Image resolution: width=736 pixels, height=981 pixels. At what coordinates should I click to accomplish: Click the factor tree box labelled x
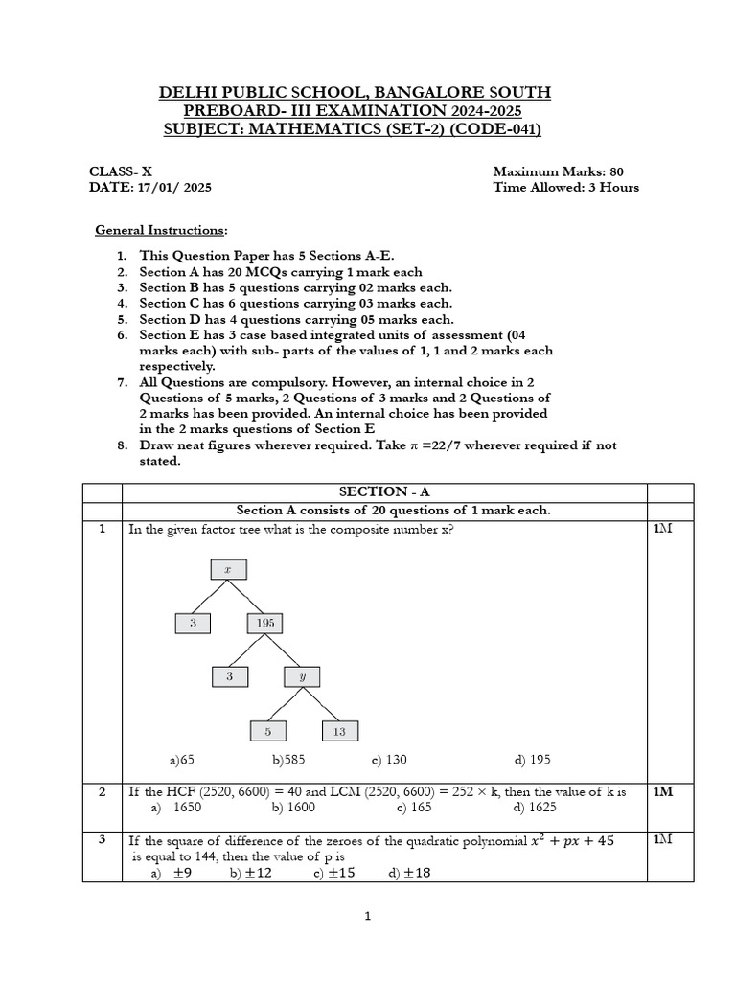point(228,569)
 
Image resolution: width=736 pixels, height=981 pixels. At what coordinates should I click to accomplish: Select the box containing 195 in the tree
point(265,623)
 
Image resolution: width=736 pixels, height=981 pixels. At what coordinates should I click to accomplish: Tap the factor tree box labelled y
point(303,676)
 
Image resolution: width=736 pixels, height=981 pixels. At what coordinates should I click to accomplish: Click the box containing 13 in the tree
point(340,731)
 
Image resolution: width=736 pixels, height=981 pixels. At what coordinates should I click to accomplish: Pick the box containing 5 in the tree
point(267,731)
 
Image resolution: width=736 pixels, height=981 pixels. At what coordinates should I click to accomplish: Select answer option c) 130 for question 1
point(389,761)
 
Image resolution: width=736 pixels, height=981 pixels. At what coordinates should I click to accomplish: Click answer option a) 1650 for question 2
point(174,808)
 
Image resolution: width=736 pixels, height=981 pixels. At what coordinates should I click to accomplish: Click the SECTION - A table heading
point(384,491)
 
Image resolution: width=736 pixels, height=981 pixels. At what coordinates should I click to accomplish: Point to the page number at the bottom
point(367,916)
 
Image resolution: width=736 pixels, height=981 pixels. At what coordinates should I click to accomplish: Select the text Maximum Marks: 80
point(558,171)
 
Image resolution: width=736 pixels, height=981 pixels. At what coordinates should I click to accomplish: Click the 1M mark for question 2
point(663,792)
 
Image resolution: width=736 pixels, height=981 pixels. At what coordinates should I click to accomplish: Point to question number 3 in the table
point(102,840)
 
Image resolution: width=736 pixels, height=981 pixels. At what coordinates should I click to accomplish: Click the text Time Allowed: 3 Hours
point(565,188)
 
